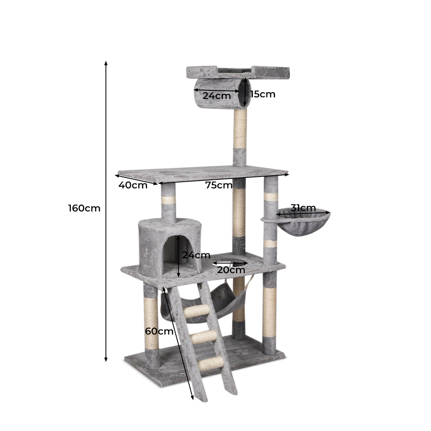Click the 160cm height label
point(84,208)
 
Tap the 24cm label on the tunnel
point(217,96)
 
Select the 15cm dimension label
point(263,94)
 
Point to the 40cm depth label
point(133,185)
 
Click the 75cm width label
point(219,185)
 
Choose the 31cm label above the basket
point(303,208)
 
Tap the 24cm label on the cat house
point(196,255)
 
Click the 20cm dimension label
point(231,270)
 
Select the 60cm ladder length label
point(159,331)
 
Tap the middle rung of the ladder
point(204,337)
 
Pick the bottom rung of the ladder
point(211,364)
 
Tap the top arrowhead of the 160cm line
point(106,63)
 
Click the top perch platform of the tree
point(238,72)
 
